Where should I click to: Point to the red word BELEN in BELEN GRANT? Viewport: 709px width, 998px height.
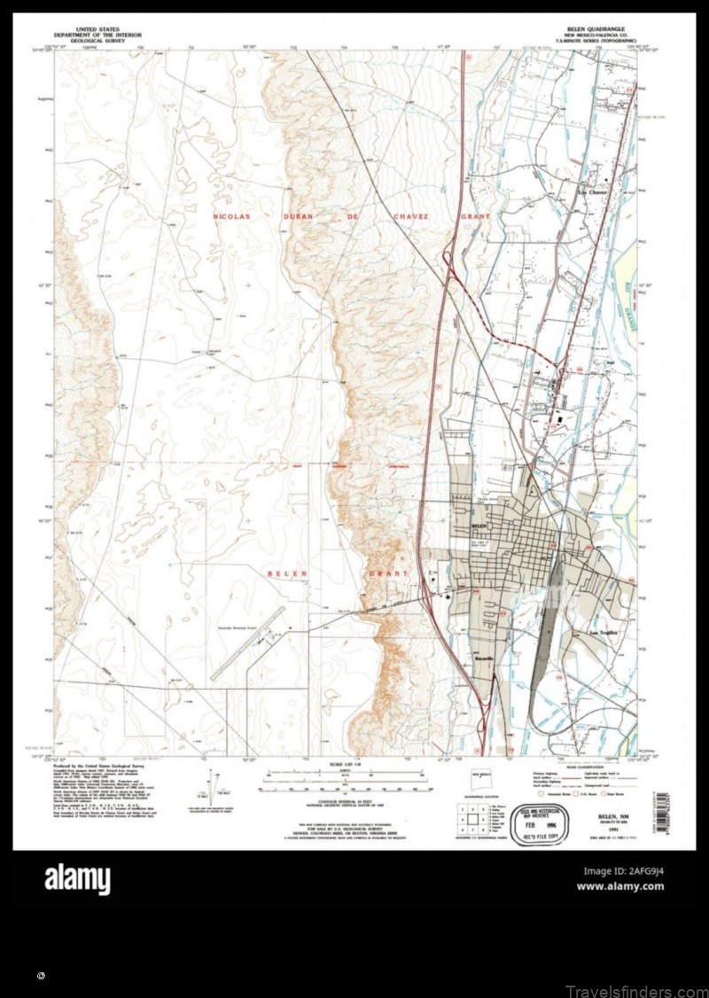[287, 573]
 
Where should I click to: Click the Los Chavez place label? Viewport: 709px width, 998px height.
[592, 191]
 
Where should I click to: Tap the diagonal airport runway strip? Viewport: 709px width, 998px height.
[247, 643]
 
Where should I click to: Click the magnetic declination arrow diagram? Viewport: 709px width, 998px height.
[212, 783]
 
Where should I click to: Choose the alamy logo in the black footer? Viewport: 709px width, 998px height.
[77, 880]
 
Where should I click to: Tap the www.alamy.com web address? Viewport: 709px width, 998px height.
[620, 886]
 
